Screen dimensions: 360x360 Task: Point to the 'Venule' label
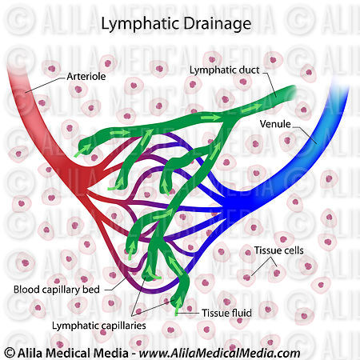[x=274, y=125]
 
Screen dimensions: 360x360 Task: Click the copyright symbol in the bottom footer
[x=9, y=353]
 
